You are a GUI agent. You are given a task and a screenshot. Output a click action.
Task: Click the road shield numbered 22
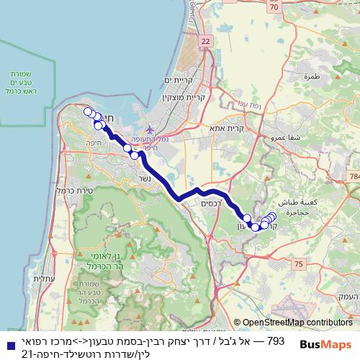pyautogui.click(x=207, y=41)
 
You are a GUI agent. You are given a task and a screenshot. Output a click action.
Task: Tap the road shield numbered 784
pyautogui.click(x=354, y=176)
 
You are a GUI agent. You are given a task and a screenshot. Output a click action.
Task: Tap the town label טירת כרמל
pyautogui.click(x=71, y=190)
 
